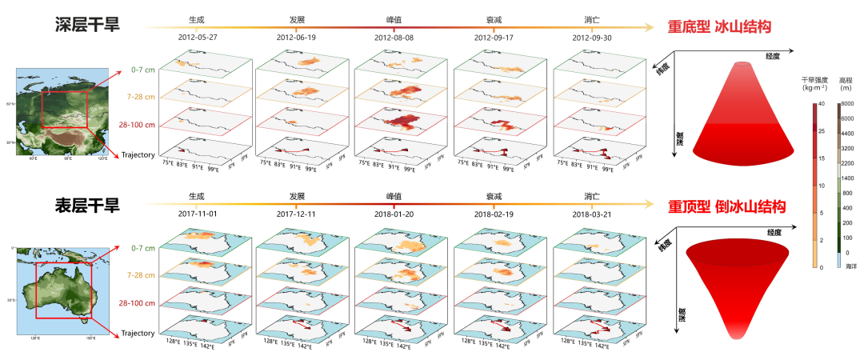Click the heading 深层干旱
tap(87, 26)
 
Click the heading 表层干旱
tap(87, 206)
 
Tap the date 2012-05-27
tap(197, 38)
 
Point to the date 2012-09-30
tap(592, 38)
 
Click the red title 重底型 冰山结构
tap(719, 27)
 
